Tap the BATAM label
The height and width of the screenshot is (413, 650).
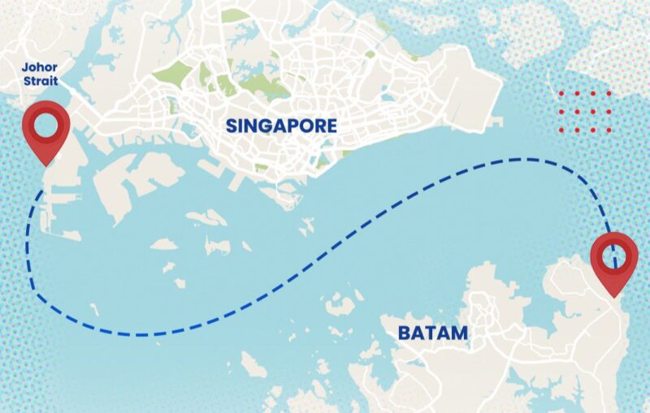pos(433,333)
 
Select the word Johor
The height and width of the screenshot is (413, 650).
pos(40,67)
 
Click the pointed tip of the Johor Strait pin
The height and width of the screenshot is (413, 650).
pos(45,166)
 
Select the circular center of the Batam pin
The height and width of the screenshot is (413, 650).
pos(614,254)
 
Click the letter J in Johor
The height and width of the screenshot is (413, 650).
pos(25,67)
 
